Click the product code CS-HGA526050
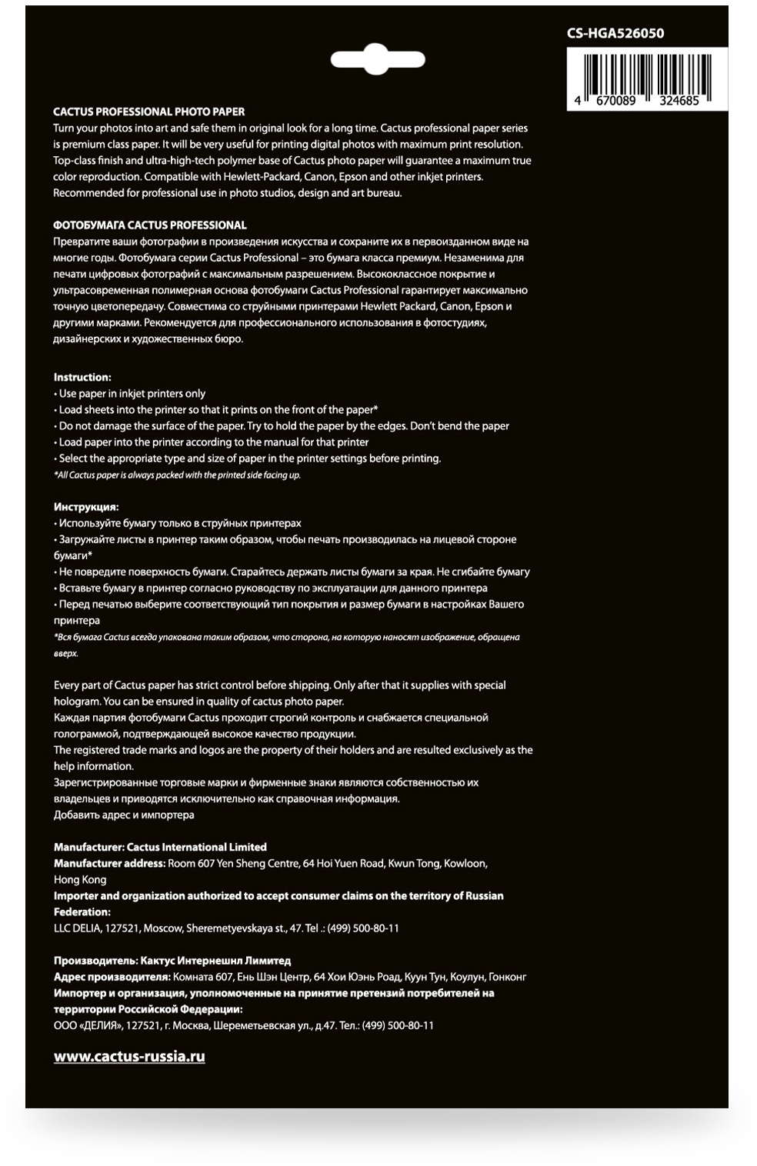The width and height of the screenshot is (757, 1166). coord(615,33)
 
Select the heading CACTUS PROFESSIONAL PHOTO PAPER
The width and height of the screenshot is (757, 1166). coord(149,112)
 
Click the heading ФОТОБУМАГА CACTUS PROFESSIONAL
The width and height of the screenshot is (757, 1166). coord(150,225)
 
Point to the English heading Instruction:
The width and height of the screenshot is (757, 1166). coord(82,377)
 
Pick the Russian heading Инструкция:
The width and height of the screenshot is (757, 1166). coord(86,507)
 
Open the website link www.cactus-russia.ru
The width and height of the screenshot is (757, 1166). coord(129,1057)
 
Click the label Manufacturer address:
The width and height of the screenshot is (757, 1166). coord(109,863)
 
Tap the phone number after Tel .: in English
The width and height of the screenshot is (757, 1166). coord(363,928)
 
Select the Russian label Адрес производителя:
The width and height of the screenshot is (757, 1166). coord(112,977)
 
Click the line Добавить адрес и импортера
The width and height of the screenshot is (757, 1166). coord(124,815)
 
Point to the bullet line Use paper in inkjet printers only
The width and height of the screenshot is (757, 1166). coord(132,394)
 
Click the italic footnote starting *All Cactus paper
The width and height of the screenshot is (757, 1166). coord(177,475)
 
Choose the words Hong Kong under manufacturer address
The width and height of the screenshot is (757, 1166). coord(80,879)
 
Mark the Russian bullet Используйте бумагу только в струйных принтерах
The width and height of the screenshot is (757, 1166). coord(179,523)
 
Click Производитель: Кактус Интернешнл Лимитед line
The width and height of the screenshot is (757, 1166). coord(172,961)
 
